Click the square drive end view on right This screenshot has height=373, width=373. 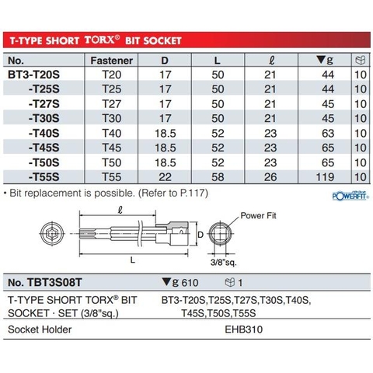pyautogui.click(x=228, y=233)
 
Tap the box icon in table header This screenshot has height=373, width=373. pyautogui.click(x=359, y=60)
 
